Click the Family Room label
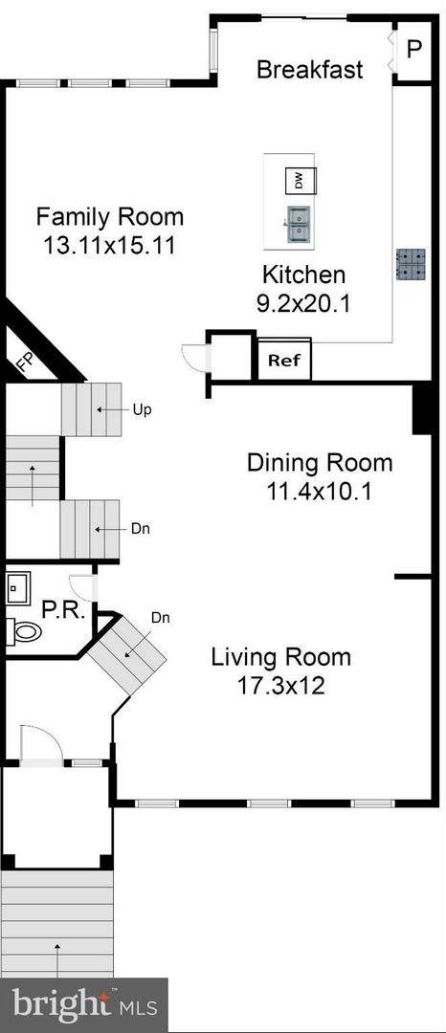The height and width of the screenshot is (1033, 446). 110,216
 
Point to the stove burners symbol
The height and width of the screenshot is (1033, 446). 412,264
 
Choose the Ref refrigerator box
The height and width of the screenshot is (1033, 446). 284,361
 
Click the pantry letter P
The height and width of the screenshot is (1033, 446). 413,50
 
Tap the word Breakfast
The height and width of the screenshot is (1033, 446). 310,69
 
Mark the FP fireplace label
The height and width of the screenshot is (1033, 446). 24,363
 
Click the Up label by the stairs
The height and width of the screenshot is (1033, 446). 143,409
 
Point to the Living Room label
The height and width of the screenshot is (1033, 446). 280,657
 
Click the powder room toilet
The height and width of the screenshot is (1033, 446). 24,632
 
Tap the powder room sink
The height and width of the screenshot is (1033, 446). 18,587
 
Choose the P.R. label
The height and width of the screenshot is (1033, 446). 63,611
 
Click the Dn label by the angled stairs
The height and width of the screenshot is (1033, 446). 161,618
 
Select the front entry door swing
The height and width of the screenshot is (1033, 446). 41,745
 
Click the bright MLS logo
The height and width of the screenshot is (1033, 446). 84,1005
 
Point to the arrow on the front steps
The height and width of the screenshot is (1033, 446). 58,960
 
